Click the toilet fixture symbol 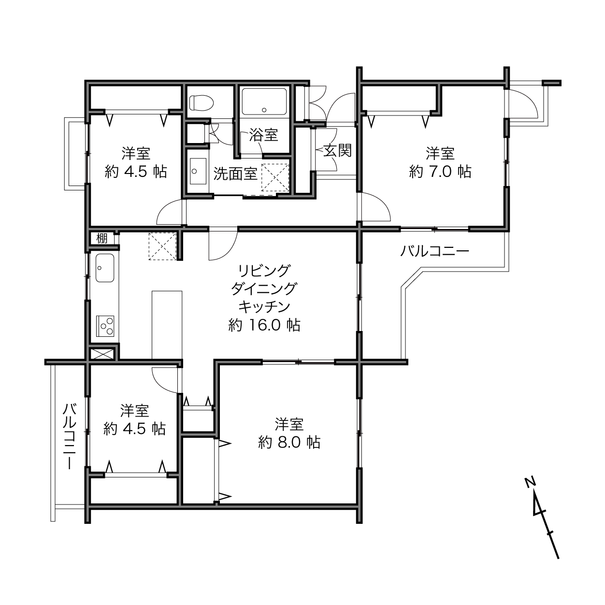201,102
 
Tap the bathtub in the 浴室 264,102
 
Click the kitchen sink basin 104,268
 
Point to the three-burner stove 105,326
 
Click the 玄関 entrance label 337,151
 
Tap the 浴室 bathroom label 264,135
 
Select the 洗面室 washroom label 235,173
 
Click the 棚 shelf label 102,239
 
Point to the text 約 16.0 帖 264,325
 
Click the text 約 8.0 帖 289,442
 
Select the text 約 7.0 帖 440,172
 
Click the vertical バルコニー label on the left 70,437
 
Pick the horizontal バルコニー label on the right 434,251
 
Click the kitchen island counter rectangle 167,325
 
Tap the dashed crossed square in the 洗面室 275,177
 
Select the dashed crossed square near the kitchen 162,246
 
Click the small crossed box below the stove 102,354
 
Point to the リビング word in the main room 264,271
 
